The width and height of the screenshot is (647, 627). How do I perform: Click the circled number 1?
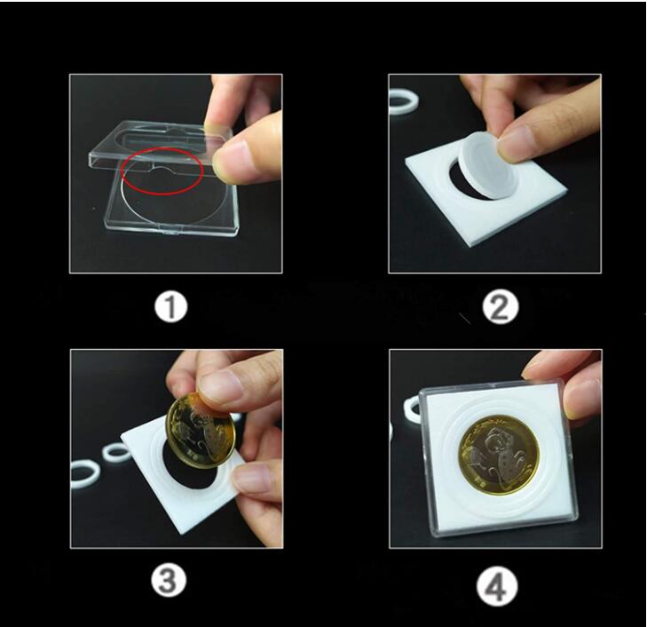click(x=170, y=308)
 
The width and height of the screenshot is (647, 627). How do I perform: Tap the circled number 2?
click(x=500, y=307)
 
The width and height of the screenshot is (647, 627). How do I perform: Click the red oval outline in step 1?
click(x=163, y=172)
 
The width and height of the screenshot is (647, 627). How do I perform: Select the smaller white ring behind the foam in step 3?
click(x=115, y=452)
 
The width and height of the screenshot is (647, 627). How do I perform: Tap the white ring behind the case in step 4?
click(x=411, y=409)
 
